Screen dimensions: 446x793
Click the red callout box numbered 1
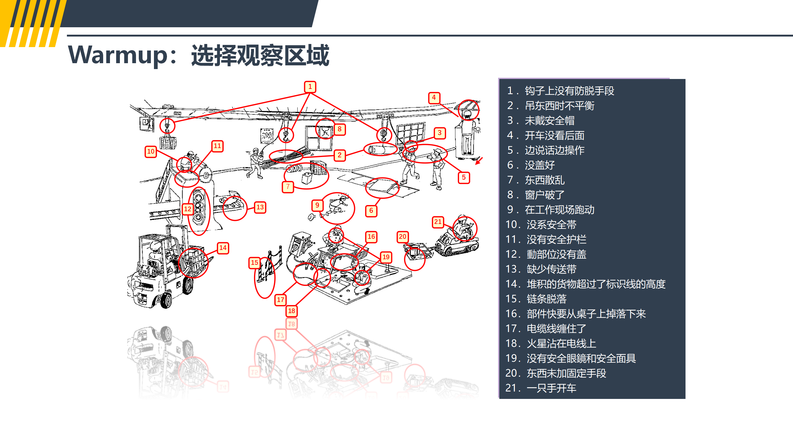click(x=310, y=87)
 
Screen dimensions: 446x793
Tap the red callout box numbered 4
click(x=434, y=98)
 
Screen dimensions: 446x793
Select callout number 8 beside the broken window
click(x=340, y=129)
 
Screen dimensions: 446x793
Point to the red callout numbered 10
click(x=151, y=152)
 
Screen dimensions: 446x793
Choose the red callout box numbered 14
click(x=223, y=248)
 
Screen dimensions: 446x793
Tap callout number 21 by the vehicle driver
click(x=438, y=222)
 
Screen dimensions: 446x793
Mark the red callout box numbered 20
click(x=402, y=237)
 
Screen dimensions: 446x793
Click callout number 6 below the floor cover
click(x=371, y=211)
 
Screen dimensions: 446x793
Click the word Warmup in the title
click(x=118, y=55)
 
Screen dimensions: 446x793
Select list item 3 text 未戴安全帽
click(x=550, y=120)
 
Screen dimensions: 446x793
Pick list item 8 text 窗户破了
click(x=545, y=195)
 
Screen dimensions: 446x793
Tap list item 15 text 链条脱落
click(x=546, y=299)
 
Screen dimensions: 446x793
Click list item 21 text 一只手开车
click(x=551, y=388)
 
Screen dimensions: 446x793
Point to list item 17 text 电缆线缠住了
click(x=556, y=329)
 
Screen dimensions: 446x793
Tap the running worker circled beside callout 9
click(x=338, y=206)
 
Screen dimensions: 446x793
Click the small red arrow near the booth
click(x=479, y=161)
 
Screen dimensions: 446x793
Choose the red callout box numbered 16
click(x=371, y=237)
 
